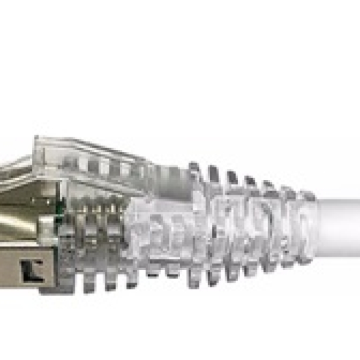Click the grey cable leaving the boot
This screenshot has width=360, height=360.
[x=340, y=224]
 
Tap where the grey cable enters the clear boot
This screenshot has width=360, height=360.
[x=317, y=224]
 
